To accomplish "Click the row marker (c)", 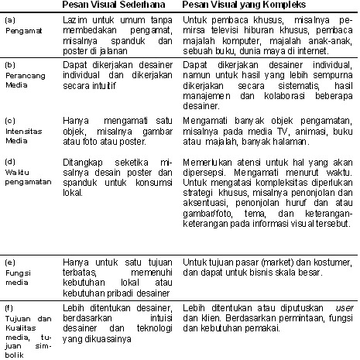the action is click(x=10, y=120).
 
